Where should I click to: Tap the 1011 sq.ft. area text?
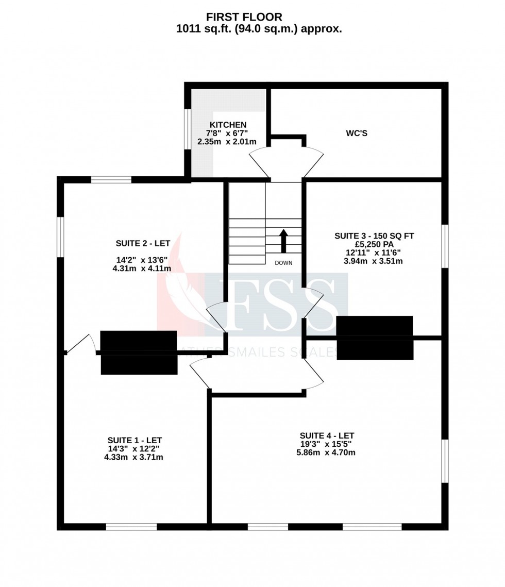click(259, 29)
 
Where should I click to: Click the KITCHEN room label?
click(228, 125)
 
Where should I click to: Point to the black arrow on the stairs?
click(283, 241)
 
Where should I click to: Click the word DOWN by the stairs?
click(283, 263)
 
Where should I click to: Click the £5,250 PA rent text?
click(374, 244)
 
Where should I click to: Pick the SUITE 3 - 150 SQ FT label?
click(374, 236)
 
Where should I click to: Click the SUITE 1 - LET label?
click(134, 440)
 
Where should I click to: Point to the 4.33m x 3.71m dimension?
click(134, 457)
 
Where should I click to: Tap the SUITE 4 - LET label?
click(327, 435)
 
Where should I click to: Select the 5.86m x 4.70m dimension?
click(326, 452)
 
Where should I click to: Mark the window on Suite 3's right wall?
click(445, 246)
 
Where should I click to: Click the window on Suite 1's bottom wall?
click(131, 527)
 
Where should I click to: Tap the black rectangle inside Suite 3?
click(375, 338)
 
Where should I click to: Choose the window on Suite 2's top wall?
click(111, 180)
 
